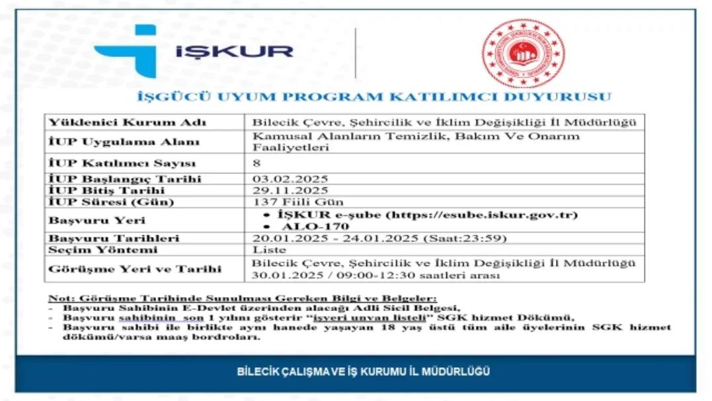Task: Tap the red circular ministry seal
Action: pyautogui.click(x=522, y=53)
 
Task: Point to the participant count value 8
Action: pyautogui.click(x=257, y=163)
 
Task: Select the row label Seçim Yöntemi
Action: pyautogui.click(x=103, y=249)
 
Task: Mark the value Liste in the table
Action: pyautogui.click(x=270, y=249)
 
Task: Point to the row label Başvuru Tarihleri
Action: pyautogui.click(x=114, y=238)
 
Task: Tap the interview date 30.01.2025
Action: pyautogui.click(x=286, y=275)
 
